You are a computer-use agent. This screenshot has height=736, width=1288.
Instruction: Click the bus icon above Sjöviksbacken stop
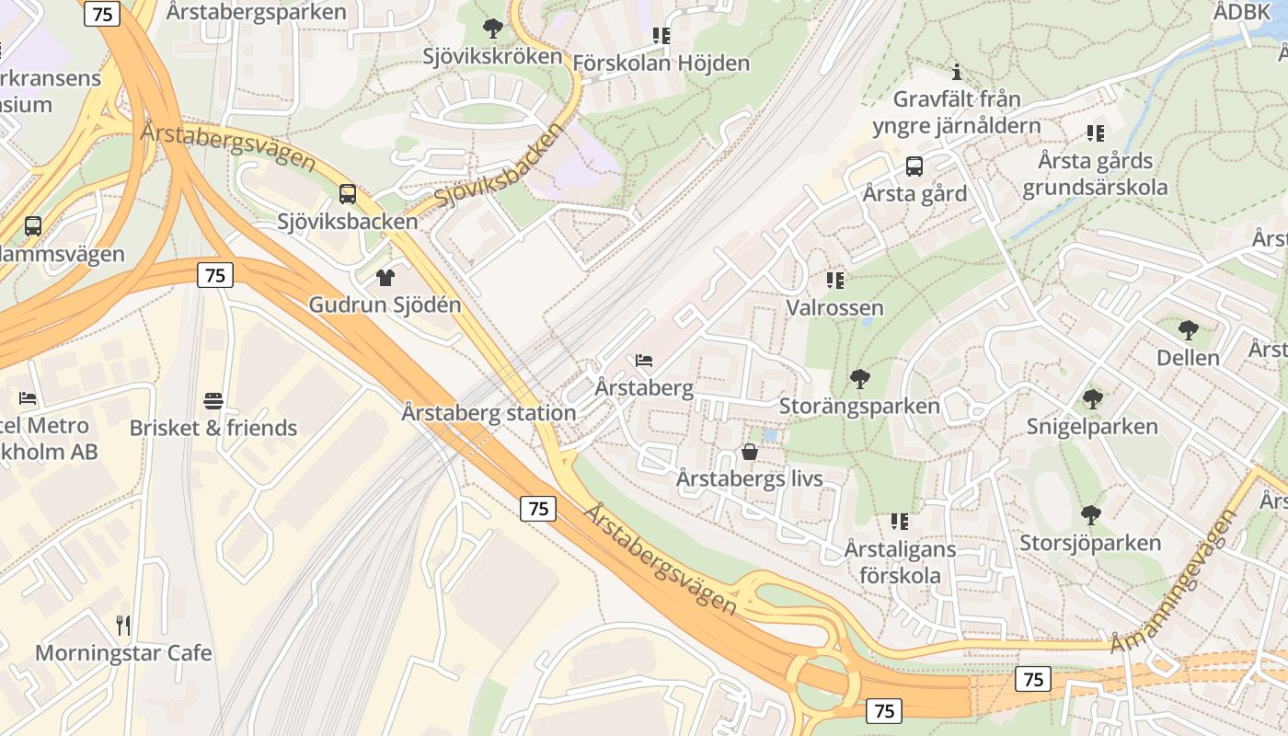point(347,194)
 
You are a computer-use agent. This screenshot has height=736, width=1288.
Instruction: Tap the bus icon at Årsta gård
point(914,167)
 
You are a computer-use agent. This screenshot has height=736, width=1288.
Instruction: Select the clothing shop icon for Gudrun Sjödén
point(385,277)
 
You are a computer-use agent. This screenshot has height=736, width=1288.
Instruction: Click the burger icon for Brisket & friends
point(213,401)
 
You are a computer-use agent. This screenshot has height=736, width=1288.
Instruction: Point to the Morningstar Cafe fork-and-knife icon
point(123,626)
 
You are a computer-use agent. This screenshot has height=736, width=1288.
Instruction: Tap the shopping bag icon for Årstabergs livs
point(750,452)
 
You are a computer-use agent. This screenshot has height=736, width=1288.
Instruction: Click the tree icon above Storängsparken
point(859,378)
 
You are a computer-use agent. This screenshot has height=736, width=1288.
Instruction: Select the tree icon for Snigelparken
point(1092,399)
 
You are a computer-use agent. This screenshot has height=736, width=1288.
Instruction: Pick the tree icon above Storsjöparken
point(1090,515)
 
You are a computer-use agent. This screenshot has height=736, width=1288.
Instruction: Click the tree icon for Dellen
point(1188,329)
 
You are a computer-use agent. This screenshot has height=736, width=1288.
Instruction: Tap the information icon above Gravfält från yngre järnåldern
point(957,72)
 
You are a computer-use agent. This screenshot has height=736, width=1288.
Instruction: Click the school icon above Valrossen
point(834,280)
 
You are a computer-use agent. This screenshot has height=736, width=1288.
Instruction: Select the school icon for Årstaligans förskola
point(899,522)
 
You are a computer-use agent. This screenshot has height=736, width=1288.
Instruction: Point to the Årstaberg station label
point(489,413)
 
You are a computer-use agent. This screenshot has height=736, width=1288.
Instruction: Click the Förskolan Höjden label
point(661,63)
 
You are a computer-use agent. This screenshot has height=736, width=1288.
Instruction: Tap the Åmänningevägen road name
point(1173,581)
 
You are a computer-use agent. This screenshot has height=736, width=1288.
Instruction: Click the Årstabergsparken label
point(257,12)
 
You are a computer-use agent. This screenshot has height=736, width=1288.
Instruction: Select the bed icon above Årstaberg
point(644,360)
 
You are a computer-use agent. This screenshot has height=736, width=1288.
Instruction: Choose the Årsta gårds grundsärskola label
point(1095,174)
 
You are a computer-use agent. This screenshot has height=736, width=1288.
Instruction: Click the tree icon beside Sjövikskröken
point(493,29)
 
